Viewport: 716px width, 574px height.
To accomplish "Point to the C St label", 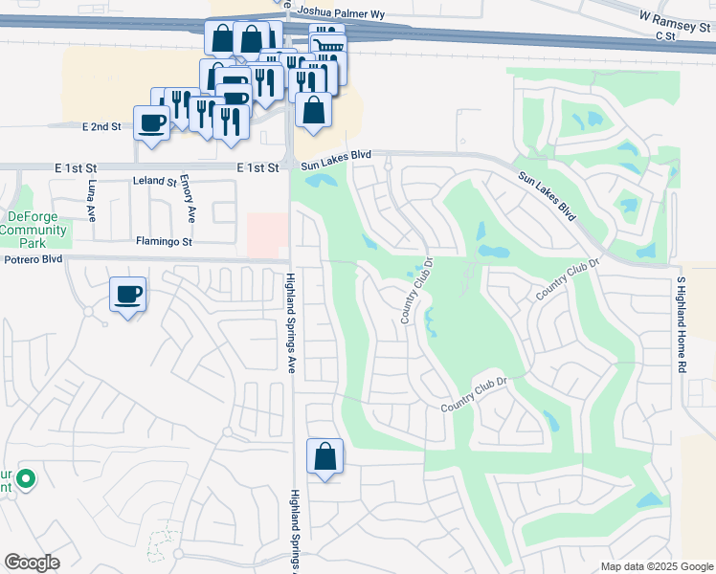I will [666, 35].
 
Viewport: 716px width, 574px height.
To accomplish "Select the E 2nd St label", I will [101, 126].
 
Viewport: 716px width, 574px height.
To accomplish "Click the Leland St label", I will [155, 181].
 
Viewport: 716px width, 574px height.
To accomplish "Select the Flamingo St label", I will [164, 242].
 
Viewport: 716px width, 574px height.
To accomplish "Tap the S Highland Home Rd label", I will [682, 325].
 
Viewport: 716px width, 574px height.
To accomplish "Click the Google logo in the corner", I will [32, 563].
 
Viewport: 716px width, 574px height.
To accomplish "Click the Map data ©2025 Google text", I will [656, 566].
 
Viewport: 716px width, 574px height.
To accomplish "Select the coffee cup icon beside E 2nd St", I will [152, 122].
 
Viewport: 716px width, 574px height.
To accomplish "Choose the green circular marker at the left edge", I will [26, 478].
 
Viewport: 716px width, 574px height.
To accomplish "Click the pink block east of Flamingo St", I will [267, 234].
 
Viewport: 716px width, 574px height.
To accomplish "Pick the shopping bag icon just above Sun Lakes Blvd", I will [313, 110].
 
